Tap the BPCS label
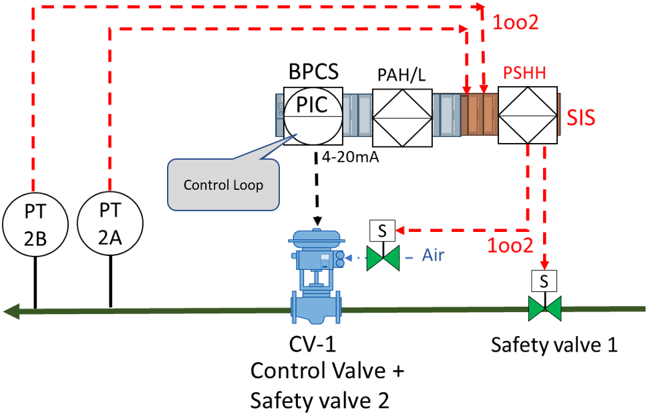[313, 72]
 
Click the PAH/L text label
[401, 76]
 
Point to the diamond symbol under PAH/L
[401, 118]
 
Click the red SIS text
[581, 118]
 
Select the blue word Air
[432, 255]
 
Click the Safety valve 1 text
[554, 345]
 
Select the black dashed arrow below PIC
[317, 190]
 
